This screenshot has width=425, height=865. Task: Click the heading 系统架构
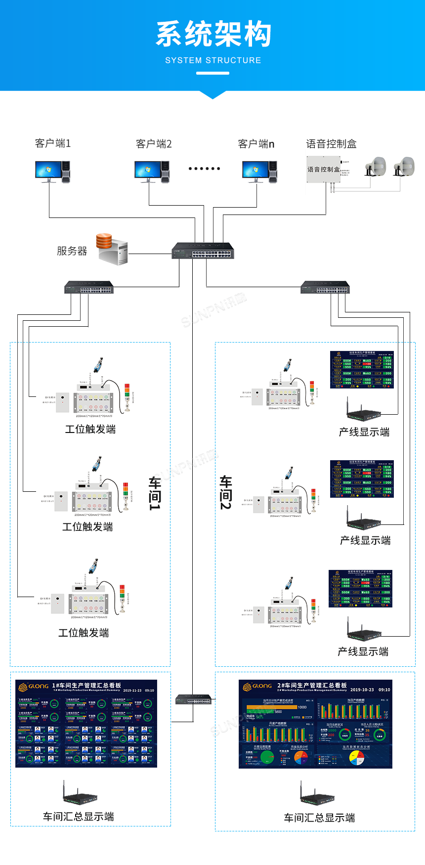point(213,34)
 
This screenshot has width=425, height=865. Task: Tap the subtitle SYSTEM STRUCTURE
point(213,60)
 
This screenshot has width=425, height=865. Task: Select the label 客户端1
point(53,143)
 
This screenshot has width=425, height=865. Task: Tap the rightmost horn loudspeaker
point(404,167)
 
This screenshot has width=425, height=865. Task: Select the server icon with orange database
point(112,249)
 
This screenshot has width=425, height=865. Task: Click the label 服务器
point(72,251)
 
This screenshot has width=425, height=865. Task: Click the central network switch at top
point(203,251)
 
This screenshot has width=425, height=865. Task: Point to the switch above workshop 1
point(89,287)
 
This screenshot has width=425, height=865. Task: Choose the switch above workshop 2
point(325,287)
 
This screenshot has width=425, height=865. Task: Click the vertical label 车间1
point(155,493)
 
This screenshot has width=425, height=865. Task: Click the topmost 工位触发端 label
point(90,429)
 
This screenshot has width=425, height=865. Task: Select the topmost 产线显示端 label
point(364,432)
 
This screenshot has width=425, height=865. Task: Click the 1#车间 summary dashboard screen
point(86,724)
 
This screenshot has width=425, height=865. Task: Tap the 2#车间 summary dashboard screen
point(315,724)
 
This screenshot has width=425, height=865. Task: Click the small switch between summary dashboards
point(194,699)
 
